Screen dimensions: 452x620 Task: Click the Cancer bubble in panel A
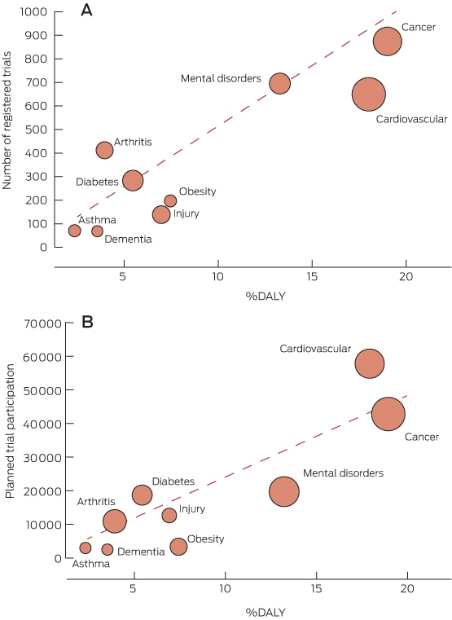(x=388, y=41)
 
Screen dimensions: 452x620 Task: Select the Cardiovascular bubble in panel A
(x=369, y=95)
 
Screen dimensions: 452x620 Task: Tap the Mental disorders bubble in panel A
(x=279, y=83)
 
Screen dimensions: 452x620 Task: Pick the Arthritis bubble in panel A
(x=105, y=150)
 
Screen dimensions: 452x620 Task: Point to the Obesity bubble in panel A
(x=170, y=201)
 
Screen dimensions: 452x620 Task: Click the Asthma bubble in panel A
(x=74, y=231)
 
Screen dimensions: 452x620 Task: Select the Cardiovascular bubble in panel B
(x=370, y=364)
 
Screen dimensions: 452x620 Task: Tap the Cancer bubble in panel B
(x=388, y=414)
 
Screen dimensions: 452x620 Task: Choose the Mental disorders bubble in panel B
(x=284, y=491)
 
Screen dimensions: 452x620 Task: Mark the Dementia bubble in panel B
(x=107, y=549)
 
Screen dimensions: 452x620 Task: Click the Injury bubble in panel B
(x=169, y=515)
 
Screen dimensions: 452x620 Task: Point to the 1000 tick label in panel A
(x=33, y=12)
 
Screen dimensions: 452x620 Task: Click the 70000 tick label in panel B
(x=42, y=323)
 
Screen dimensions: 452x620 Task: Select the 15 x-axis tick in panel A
(x=312, y=277)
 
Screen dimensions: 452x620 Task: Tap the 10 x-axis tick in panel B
(x=226, y=589)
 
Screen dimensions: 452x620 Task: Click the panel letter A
(x=86, y=10)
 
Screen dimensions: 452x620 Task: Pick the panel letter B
(x=87, y=322)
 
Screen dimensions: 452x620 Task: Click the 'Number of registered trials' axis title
(x=7, y=121)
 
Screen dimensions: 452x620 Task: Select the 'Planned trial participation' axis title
(x=11, y=431)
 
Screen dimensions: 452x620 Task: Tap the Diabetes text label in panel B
(x=173, y=481)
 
